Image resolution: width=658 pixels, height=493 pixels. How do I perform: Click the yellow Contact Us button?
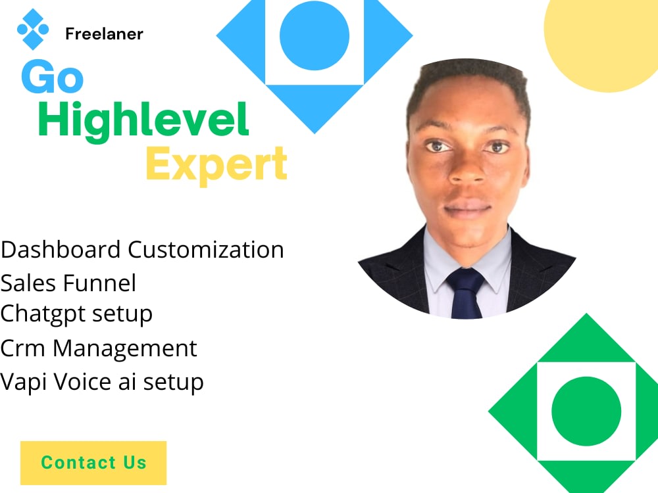93,463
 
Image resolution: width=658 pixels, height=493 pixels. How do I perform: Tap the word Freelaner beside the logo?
104,34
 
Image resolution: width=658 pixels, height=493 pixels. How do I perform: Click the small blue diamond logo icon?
33,29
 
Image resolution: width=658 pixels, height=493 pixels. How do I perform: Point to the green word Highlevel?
143,121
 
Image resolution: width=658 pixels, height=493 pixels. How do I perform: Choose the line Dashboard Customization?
142,250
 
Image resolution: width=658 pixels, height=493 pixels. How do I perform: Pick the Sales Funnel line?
68,283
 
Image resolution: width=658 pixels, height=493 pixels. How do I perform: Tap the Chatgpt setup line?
76,314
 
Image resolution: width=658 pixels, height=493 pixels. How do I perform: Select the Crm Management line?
99,348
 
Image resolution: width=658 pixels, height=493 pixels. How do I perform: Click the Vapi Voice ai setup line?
102,381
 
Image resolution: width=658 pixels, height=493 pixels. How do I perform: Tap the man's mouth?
468,210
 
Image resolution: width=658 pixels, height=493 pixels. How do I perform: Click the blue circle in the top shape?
314,35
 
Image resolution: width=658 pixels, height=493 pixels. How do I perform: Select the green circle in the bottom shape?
586,411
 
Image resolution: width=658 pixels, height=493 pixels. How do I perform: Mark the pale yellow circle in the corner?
602,39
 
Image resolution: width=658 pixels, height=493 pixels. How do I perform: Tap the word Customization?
206,250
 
